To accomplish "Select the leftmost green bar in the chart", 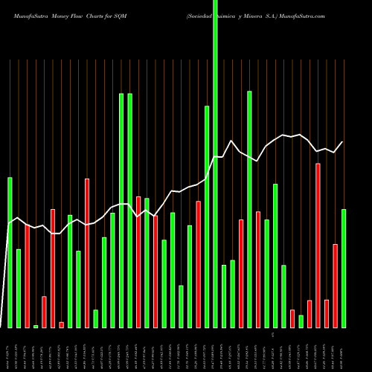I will [x=10, y=253].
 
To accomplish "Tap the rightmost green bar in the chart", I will [x=344, y=268].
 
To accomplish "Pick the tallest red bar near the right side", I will [x=318, y=246].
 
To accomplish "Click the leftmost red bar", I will [x=28, y=276].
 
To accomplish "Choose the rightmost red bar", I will [x=336, y=286].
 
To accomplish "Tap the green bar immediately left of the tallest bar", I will [x=207, y=217].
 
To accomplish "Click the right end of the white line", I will [x=343, y=141].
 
